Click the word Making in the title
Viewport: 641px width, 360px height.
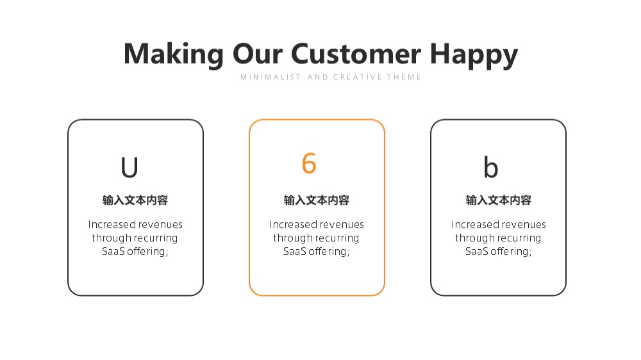174,54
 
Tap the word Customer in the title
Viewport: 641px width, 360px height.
356,54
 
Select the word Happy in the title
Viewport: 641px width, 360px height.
474,55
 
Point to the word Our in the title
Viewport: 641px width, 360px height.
258,54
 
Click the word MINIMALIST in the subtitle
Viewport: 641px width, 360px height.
271,77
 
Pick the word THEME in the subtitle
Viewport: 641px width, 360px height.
404,77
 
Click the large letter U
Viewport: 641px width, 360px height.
129,167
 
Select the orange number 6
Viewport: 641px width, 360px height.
309,163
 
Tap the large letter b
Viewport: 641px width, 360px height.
491,167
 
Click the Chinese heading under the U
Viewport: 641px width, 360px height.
135,200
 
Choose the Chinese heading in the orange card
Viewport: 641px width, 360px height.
317,200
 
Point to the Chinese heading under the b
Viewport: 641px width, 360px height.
499,200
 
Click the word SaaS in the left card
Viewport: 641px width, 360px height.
113,251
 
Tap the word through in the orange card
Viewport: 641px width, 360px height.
292,238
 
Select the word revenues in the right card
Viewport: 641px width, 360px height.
526,225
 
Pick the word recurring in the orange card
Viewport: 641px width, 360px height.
337,238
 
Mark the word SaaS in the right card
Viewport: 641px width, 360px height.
477,251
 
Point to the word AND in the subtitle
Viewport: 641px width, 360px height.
318,77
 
